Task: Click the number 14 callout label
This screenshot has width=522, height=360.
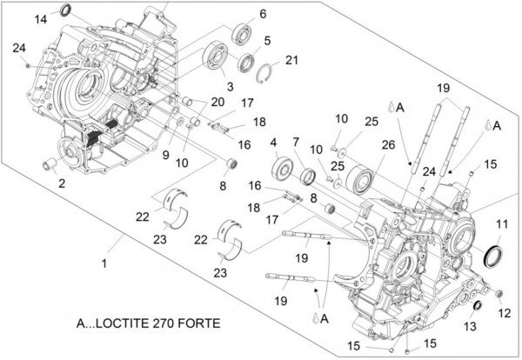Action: click(42, 18)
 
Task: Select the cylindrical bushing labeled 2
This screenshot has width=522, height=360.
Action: click(50, 163)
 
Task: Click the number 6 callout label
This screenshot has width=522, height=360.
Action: click(262, 14)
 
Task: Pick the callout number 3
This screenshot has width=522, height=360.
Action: click(230, 87)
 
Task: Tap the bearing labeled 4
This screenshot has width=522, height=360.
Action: click(283, 168)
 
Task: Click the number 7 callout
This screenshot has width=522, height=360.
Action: click(296, 141)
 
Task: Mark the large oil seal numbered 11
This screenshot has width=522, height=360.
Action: click(492, 257)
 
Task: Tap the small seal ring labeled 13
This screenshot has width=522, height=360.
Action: click(478, 307)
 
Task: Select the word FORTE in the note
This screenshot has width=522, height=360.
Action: click(200, 322)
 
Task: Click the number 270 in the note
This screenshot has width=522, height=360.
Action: click(165, 322)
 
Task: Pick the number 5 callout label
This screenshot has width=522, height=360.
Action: click(267, 40)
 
